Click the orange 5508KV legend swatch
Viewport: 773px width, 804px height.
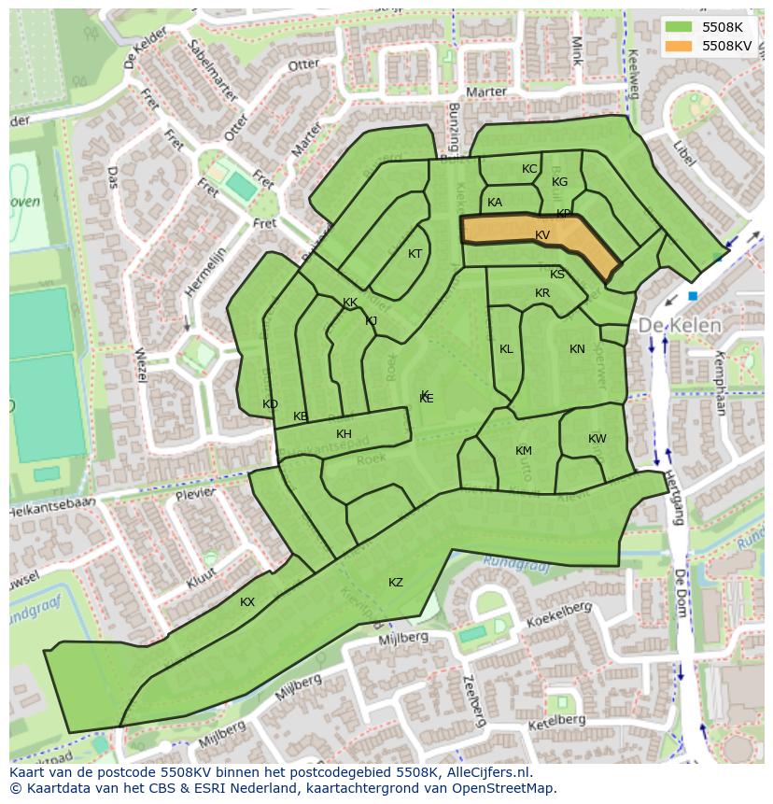coord(682,46)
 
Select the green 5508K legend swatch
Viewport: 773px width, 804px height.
coord(682,27)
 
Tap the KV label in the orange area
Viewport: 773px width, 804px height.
coord(542,235)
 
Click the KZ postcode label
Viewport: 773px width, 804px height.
coord(396,583)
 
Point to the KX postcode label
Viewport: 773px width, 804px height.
coord(247,602)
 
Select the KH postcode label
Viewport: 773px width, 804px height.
coord(344,434)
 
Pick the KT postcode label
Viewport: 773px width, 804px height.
coord(415,254)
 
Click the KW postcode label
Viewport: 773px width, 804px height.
coord(597,439)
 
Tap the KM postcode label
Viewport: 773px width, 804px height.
coord(524,451)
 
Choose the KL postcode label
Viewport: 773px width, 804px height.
coord(506,349)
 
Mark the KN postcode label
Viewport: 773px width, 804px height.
coord(577,349)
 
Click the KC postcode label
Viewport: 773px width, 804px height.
coord(529,169)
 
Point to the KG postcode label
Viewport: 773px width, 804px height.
coord(559,182)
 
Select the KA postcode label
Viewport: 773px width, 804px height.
coord(495,203)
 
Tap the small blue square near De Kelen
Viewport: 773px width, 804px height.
coord(692,296)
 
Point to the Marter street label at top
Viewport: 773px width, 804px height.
coord(485,92)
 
